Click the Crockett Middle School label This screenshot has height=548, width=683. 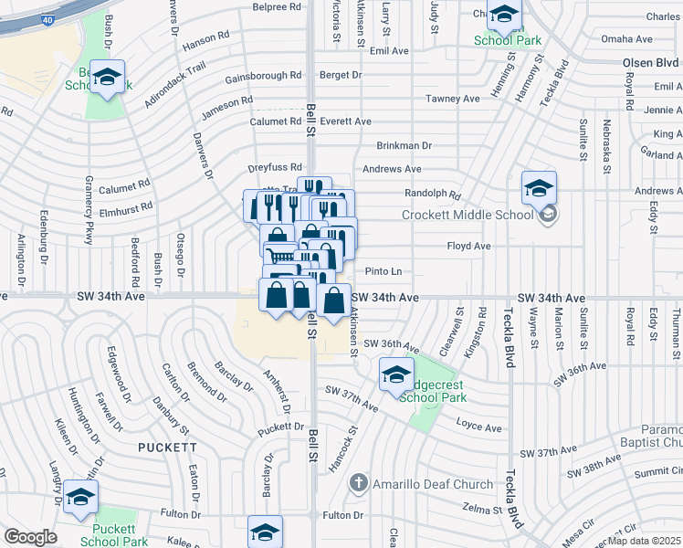pos(468,216)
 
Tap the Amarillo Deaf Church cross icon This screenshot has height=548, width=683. pos(359,481)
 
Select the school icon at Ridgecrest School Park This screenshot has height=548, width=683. pos(396,374)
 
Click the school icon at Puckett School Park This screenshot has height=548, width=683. pos(81,498)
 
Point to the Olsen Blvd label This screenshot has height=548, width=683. pos(651,65)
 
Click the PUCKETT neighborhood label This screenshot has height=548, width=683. pos(167,448)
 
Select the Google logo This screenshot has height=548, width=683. pos(30,536)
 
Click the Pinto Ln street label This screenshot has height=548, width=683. pos(384,271)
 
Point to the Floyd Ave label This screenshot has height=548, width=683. pos(468,247)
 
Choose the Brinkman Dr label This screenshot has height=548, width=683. pos(404,145)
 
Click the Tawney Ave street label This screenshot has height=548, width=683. pos(452,99)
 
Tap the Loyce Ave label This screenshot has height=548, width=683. pos(479,427)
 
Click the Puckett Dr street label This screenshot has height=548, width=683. pos(279,427)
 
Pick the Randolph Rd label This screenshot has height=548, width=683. pos(433,194)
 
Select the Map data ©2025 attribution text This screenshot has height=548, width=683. pos(645,541)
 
